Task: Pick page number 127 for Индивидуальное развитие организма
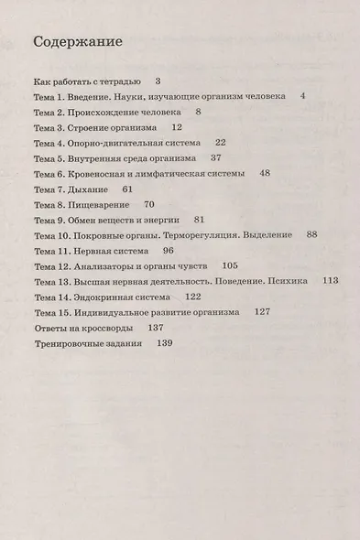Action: (263, 312)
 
